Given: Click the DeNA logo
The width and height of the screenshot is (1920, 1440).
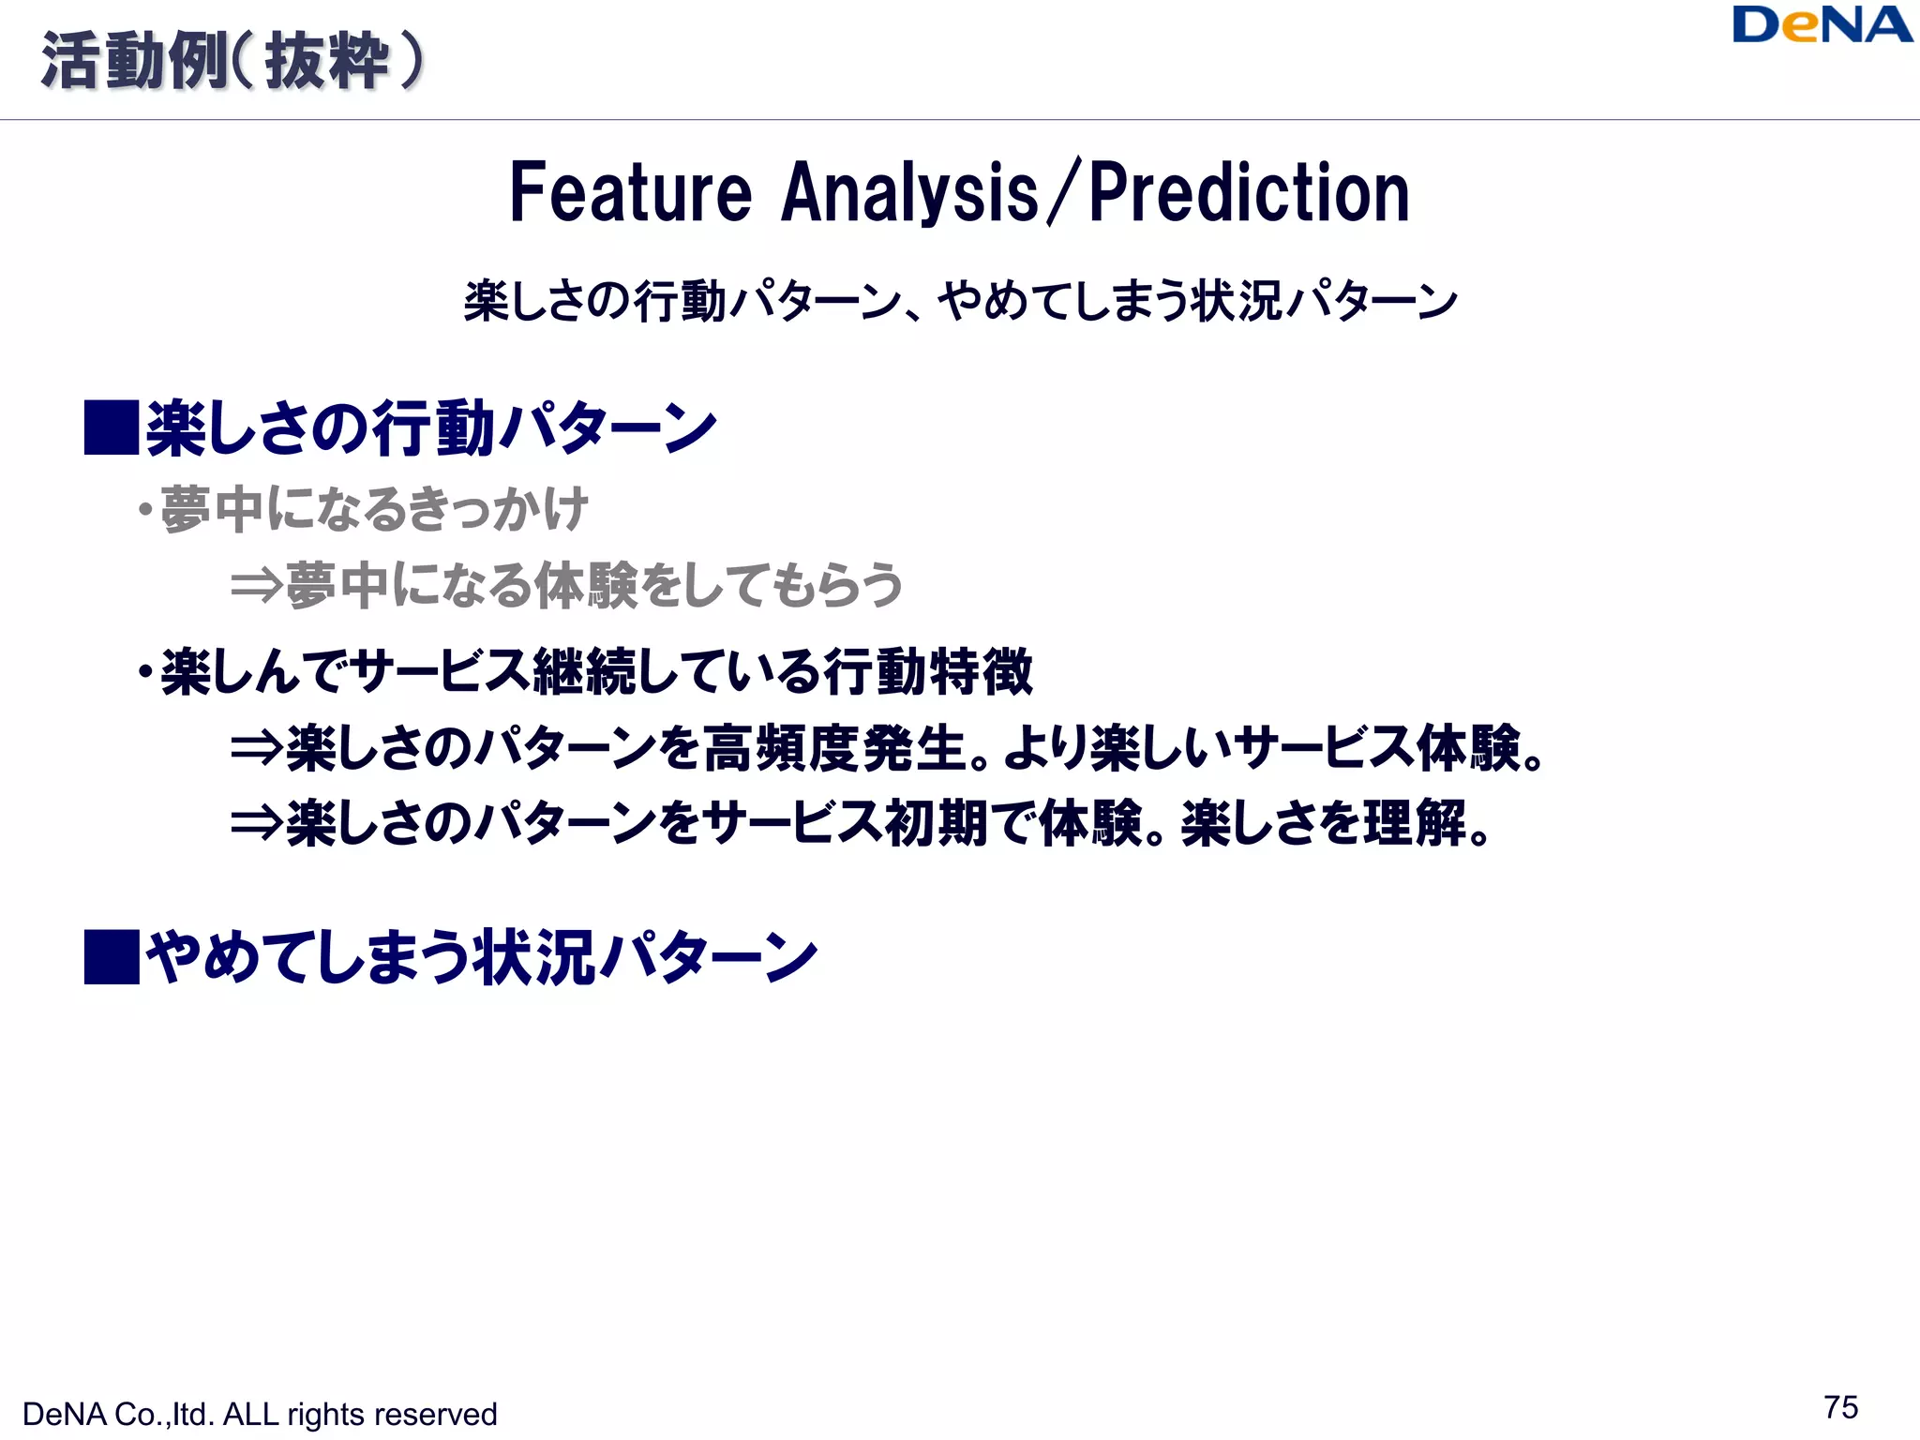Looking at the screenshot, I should pos(1822,26).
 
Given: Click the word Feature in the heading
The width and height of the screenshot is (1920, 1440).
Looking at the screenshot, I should pos(630,193).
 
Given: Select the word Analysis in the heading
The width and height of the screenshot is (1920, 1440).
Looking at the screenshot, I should pos(909,193).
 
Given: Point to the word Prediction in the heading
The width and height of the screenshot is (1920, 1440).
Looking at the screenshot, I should pos(1249,193).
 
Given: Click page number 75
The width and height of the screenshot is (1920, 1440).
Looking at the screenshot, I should pos(1841,1407).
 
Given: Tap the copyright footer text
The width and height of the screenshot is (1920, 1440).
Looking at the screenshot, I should pos(260,1414).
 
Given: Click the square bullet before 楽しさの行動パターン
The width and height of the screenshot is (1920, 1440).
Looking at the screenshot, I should pos(112,427).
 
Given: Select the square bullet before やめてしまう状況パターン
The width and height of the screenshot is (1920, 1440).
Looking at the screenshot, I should pos(112,957).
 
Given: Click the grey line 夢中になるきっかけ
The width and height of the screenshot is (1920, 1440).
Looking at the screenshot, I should pos(374,510).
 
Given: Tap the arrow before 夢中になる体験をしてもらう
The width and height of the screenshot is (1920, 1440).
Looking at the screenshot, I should pos(256,586).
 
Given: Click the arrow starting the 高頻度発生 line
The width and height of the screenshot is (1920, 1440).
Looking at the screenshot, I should pos(256,748).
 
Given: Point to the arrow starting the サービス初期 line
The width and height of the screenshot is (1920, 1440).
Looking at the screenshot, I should pos(256,823).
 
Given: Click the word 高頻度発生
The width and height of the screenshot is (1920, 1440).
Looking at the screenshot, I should pos(834,748).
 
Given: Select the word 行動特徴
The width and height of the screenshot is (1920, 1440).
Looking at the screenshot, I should pos(928,671).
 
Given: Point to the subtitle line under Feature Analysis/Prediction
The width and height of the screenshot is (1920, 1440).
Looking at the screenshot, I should pos(960,301).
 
